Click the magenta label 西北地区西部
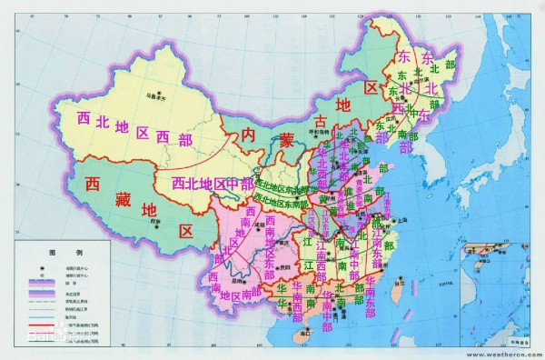click(135, 129)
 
